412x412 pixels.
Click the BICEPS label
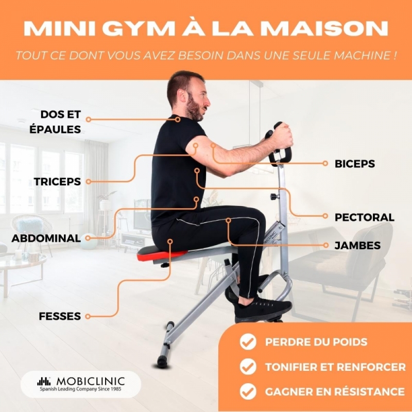(x=354, y=164)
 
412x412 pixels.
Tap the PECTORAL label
(x=365, y=217)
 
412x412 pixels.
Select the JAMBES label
(x=357, y=246)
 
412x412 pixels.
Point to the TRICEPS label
(x=57, y=182)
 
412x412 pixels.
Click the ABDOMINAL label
(x=46, y=238)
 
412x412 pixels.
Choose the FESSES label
(x=60, y=316)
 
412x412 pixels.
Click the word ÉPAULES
(x=55, y=129)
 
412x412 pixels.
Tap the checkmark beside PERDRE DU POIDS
(x=248, y=341)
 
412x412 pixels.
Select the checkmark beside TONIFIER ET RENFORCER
(x=248, y=367)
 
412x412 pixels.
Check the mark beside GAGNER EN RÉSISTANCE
(x=248, y=391)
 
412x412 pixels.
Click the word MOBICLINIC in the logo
(x=91, y=381)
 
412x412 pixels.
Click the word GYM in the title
(x=138, y=28)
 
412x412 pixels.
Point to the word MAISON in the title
(x=324, y=28)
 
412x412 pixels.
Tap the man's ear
(x=181, y=96)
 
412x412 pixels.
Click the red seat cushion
(x=162, y=254)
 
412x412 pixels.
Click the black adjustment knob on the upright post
(x=274, y=196)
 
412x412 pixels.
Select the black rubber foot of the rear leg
(x=163, y=362)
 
